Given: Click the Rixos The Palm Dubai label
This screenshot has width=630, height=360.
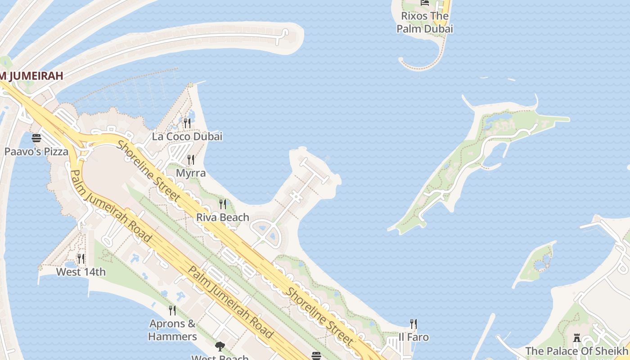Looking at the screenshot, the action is [x=424, y=22].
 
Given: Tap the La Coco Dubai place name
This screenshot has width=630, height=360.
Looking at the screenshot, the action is [x=187, y=136].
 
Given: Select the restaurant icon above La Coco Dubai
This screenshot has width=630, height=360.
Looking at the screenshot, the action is [x=187, y=123].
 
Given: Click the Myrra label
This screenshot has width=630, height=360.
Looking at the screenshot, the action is [x=191, y=173].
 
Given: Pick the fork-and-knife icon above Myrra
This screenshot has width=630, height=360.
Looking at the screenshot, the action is [x=191, y=160].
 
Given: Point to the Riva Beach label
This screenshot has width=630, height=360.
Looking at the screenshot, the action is [x=223, y=217].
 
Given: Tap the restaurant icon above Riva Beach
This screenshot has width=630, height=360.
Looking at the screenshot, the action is [x=223, y=204].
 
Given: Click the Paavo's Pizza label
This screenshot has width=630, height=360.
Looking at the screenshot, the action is [x=36, y=152].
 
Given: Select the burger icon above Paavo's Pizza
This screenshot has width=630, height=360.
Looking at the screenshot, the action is [x=36, y=138].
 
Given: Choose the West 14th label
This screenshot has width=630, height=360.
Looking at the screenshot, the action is [x=81, y=272].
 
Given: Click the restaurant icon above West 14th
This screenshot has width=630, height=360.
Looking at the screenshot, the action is [x=81, y=258].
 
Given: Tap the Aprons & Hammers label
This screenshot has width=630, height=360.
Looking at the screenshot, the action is [x=173, y=330].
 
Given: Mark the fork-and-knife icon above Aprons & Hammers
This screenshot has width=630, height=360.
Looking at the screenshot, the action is [x=172, y=310].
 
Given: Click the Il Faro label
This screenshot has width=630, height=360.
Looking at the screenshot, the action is [x=414, y=337].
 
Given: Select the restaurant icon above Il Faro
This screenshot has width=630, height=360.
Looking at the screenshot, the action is [x=414, y=324].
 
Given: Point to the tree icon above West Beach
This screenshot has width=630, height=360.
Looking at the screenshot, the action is [x=220, y=346].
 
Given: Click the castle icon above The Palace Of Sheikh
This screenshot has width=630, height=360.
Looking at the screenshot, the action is [x=576, y=338].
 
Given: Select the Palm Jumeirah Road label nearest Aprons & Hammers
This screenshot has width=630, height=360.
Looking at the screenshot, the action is [x=229, y=301].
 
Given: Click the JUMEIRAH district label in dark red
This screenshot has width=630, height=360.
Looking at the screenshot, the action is [x=31, y=76].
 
